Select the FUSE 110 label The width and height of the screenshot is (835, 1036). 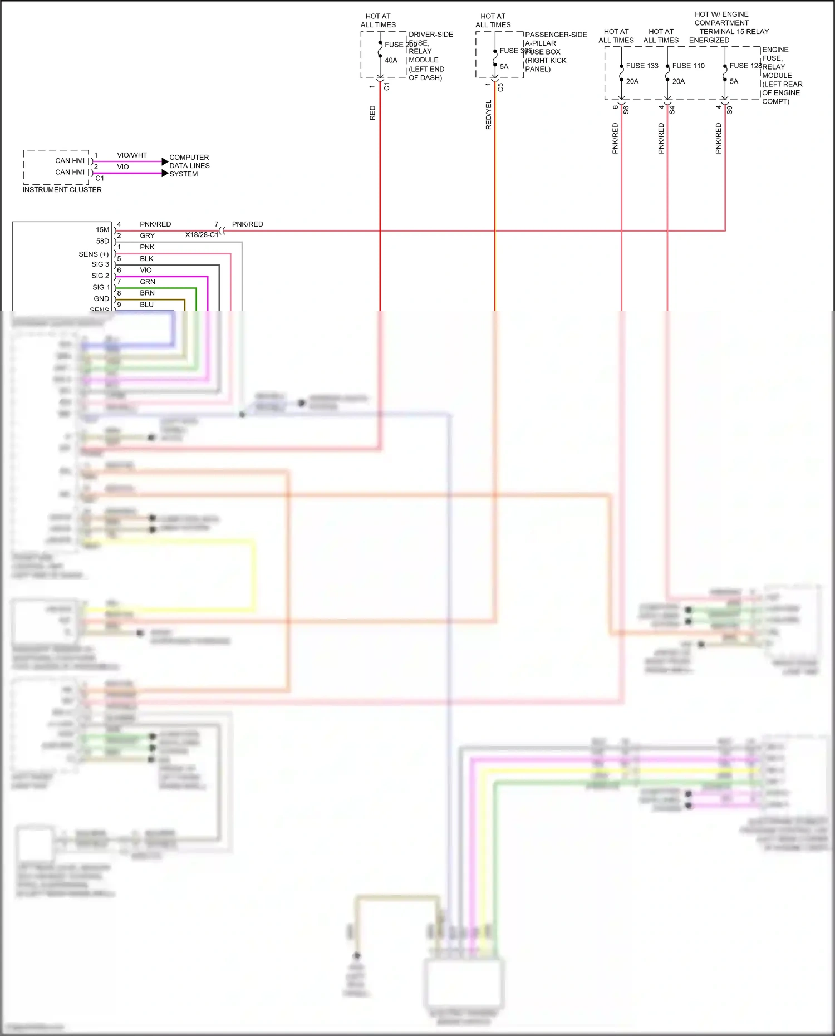coord(688,66)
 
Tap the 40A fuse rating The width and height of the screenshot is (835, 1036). coord(391,60)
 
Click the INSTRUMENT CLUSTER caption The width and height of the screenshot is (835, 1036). coord(62,190)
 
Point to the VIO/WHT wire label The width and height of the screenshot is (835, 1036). coord(132,155)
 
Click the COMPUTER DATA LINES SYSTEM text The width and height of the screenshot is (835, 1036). coord(189,166)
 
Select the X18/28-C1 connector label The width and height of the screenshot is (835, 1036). coord(202,235)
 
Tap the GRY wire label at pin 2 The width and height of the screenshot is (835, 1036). coord(147,235)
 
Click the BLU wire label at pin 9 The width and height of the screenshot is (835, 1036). coord(146,305)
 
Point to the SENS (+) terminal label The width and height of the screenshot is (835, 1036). coord(94,254)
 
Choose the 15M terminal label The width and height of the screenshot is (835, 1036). coord(102,230)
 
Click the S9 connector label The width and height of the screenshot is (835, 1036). coord(729,110)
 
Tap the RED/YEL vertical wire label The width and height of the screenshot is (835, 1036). coord(489,115)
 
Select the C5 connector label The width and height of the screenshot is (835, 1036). coord(500,87)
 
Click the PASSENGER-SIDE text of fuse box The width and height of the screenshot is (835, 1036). coord(556,35)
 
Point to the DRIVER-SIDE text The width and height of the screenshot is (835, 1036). coord(430,35)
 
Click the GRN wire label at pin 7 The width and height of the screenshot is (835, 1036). coord(147,282)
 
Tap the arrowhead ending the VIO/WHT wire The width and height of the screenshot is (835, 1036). coord(165,161)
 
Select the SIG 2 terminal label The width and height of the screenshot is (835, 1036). coord(100,276)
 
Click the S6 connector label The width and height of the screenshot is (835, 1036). coord(626,110)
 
